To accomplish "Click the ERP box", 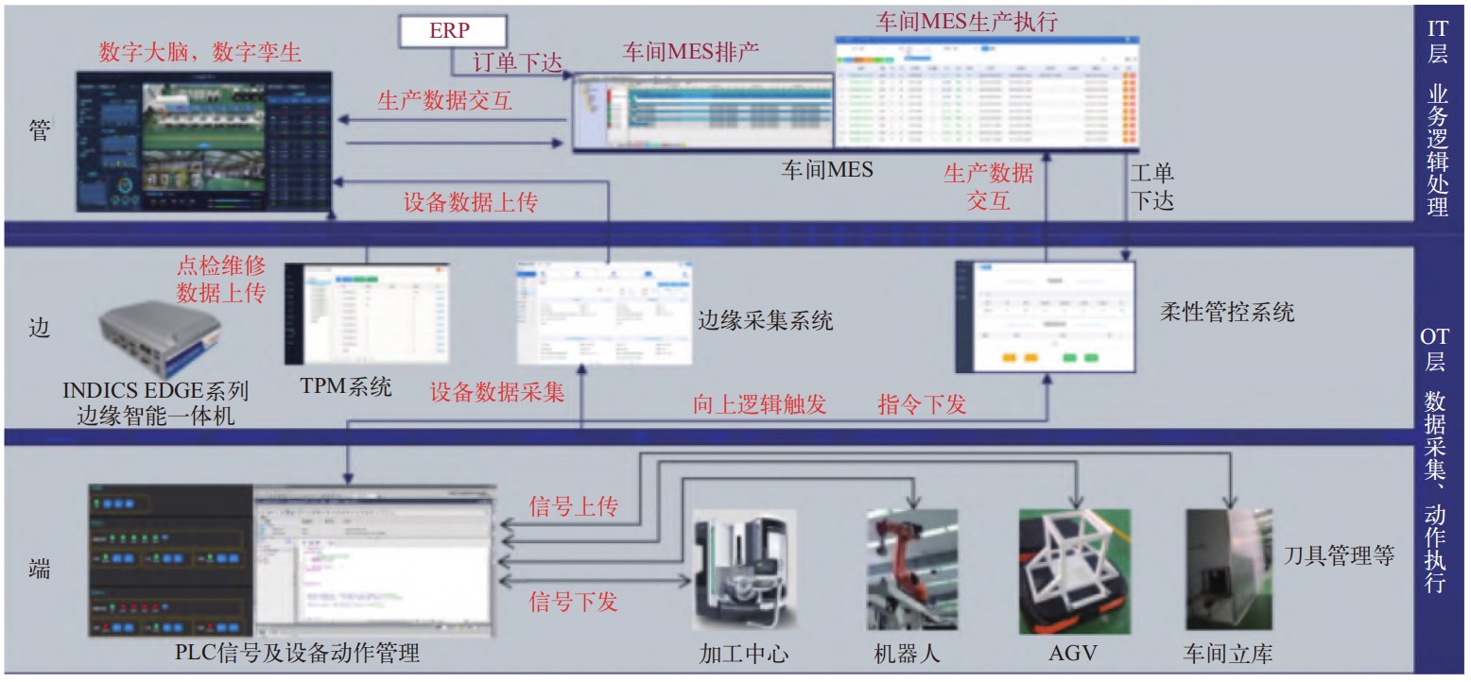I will pyautogui.click(x=450, y=30).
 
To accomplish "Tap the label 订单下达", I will pyautogui.click(x=516, y=62).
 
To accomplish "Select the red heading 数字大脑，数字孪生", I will pyautogui.click(x=200, y=52).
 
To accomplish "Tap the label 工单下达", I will pyautogui.click(x=1152, y=186).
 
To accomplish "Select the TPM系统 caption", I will pyautogui.click(x=345, y=386).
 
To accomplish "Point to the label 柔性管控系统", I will pyautogui.click(x=1226, y=312).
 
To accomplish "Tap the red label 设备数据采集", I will pyautogui.click(x=497, y=392).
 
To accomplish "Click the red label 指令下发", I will pyautogui.click(x=922, y=405).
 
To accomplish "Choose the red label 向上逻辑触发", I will pyautogui.click(x=759, y=405).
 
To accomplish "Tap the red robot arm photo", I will pyautogui.click(x=911, y=570).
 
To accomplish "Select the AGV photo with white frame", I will pyautogui.click(x=1076, y=571).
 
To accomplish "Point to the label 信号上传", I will pyautogui.click(x=573, y=507).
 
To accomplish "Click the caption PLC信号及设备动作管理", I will pyautogui.click(x=297, y=653).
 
